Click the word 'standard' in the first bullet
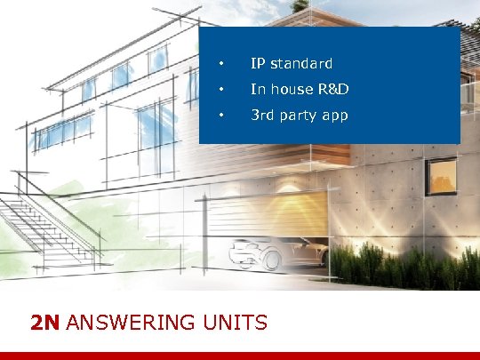(x=301, y=64)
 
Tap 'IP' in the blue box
(x=258, y=64)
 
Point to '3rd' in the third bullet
(x=263, y=116)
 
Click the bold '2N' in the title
(x=45, y=322)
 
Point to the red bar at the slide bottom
(x=240, y=356)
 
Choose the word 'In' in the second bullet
(x=258, y=90)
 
